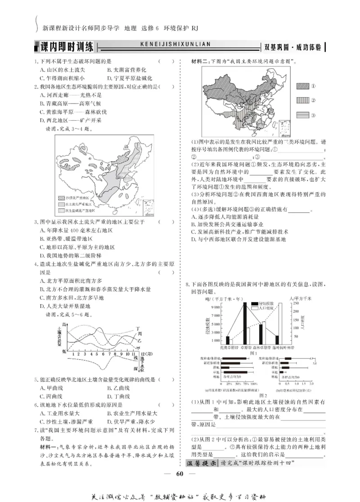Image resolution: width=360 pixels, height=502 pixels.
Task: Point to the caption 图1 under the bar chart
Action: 253,353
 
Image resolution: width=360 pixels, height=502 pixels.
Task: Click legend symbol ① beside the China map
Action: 303,86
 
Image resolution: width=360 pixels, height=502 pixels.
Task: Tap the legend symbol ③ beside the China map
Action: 303,115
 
